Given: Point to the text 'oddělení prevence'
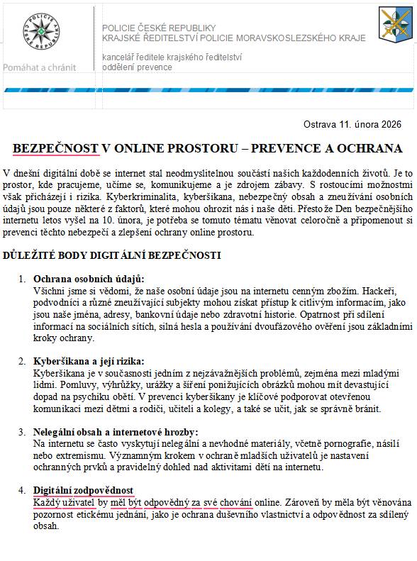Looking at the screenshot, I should point(137,67).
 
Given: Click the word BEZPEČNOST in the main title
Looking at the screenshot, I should point(55,148).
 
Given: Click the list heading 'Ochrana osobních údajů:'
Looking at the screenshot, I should point(89,279).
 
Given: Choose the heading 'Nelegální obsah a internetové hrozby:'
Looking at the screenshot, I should point(116,431).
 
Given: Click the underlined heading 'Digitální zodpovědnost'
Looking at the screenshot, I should point(83,491).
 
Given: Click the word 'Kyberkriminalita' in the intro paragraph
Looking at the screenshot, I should point(143,195).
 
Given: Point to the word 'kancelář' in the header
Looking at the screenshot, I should point(120,57).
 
